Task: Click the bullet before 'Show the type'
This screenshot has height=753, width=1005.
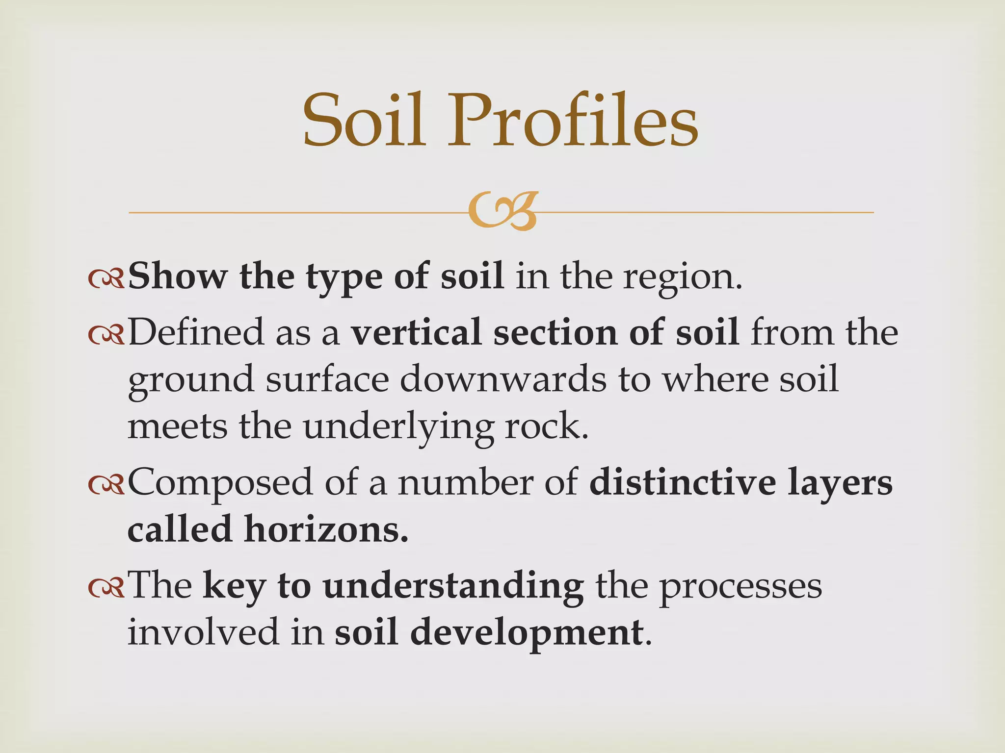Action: (106, 278)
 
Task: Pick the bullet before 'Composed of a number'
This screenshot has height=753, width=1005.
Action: (106, 484)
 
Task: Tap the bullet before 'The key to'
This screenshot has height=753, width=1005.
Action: (106, 587)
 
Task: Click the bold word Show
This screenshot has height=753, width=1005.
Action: (178, 276)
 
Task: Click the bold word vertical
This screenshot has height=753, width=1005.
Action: (417, 332)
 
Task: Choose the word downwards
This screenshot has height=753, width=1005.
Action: (503, 379)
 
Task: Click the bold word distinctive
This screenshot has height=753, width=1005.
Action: (683, 482)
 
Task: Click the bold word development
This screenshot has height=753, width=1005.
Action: (526, 632)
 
